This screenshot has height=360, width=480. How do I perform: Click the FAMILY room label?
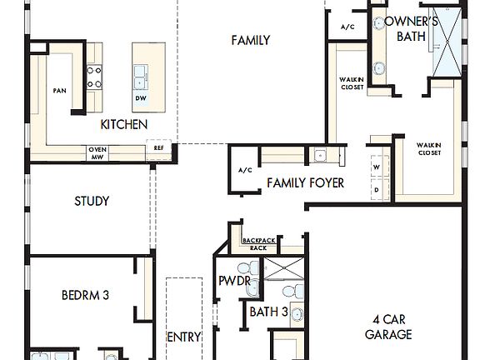pos(250,40)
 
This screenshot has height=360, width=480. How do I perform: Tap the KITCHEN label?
pos(124,124)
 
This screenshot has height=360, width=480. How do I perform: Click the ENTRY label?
pos(184,337)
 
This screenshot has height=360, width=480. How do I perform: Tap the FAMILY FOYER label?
pos(305,182)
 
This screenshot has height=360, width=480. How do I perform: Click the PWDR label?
pos(234,281)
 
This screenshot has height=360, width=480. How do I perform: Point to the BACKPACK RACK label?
pos(258,243)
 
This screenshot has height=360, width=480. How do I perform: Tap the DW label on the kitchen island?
pos(141,97)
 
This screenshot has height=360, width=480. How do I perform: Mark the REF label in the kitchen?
pos(158,149)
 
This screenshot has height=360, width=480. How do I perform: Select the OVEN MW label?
pos(97,152)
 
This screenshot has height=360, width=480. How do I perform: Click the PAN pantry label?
pos(59,90)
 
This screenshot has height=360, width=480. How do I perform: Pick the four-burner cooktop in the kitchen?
pos(95,77)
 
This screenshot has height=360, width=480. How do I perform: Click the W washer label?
pos(376,166)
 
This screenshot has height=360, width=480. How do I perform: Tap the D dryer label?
pos(376,188)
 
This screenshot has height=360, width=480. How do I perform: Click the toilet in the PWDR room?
pos(244,268)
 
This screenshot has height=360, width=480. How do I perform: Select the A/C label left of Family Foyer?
pos(245,170)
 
